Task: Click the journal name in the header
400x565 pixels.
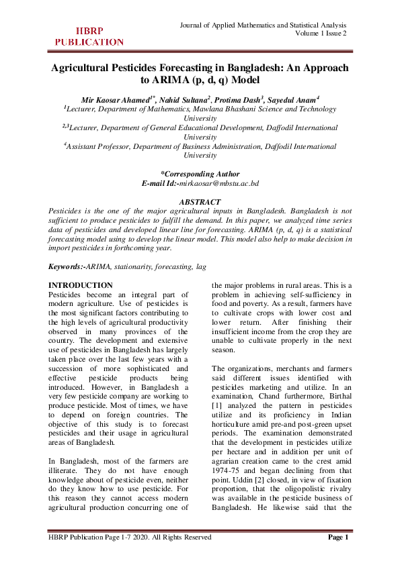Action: [x=264, y=25]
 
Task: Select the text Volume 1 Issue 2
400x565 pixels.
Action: [x=321, y=34]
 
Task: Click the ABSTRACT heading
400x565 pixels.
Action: [x=200, y=202]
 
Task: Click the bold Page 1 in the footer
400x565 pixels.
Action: [x=338, y=555]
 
